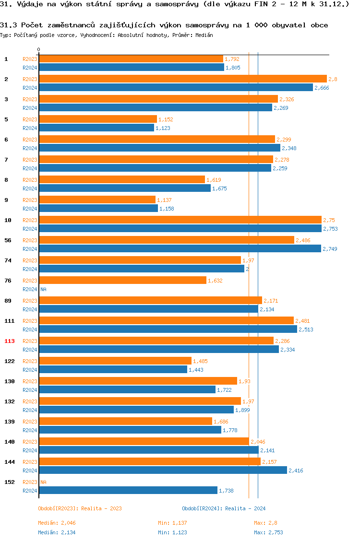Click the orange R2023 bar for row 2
point(182,79)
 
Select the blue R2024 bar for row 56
point(180,248)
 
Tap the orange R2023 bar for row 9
point(97,200)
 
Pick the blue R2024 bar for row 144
point(163,470)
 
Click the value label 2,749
point(330,249)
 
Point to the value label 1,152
point(165,119)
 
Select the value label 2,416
point(296,470)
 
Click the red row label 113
point(10,341)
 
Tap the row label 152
point(10,482)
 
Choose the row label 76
point(8,281)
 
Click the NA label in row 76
point(43,289)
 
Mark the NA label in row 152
point(43,482)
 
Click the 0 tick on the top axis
point(39,49)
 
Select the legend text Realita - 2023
point(101,508)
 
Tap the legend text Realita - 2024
point(245,508)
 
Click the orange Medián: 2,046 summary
point(57,523)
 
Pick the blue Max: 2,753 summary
point(269,532)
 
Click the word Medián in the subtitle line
point(204,35)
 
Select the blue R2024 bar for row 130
point(127,389)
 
